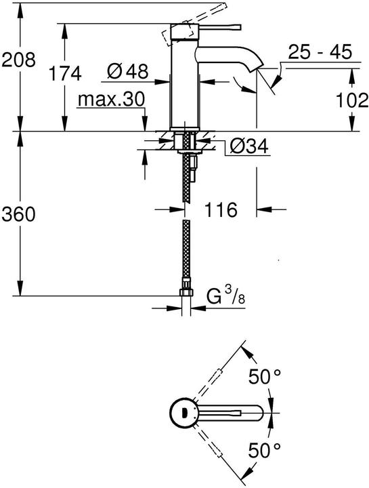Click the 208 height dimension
point(18,61)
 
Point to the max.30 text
point(110,100)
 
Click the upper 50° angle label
point(265,378)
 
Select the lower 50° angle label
point(265,449)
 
